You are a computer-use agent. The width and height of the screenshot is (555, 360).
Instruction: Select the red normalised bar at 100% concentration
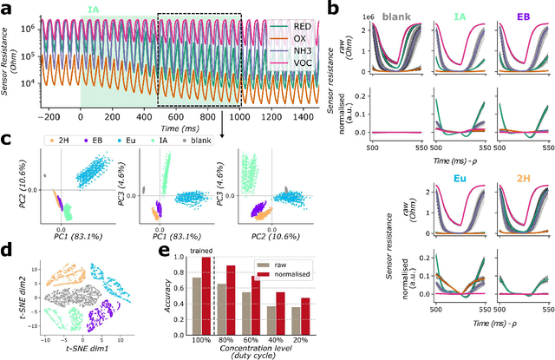coord(206,295)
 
